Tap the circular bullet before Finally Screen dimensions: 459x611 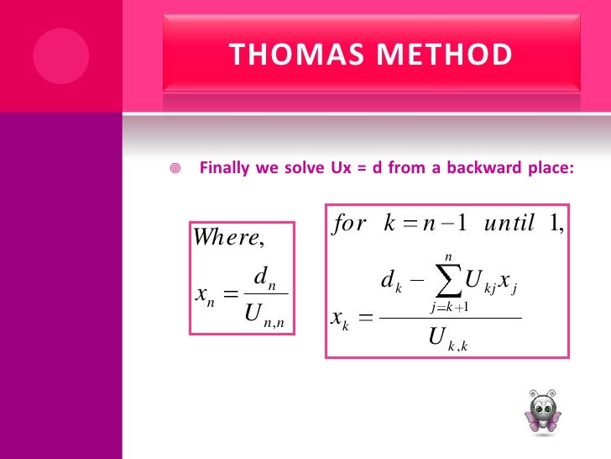pos(175,168)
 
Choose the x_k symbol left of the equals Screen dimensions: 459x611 pos(340,319)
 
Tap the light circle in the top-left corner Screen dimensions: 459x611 pos(55,55)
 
